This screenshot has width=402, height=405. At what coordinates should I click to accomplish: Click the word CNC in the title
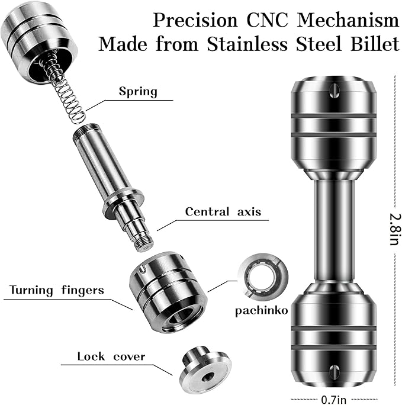[267, 20]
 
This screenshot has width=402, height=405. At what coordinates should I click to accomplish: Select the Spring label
[138, 91]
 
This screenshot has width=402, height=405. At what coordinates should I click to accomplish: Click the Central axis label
[223, 211]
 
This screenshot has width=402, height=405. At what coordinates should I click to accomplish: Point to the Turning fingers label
[57, 290]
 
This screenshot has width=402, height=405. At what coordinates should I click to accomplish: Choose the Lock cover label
[111, 356]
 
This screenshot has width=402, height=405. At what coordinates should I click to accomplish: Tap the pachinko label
[261, 310]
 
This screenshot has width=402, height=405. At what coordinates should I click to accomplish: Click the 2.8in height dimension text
[395, 229]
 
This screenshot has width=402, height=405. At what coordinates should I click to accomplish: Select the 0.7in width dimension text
[333, 400]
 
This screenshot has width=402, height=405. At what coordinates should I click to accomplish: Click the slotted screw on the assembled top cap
[335, 91]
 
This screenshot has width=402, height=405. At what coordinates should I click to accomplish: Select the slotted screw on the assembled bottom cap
[335, 371]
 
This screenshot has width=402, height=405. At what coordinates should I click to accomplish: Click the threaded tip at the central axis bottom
[144, 242]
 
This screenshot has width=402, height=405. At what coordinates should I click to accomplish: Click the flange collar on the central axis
[123, 203]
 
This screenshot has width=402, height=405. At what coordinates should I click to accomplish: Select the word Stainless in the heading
[247, 44]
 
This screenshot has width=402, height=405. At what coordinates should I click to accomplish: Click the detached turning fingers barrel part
[168, 292]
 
